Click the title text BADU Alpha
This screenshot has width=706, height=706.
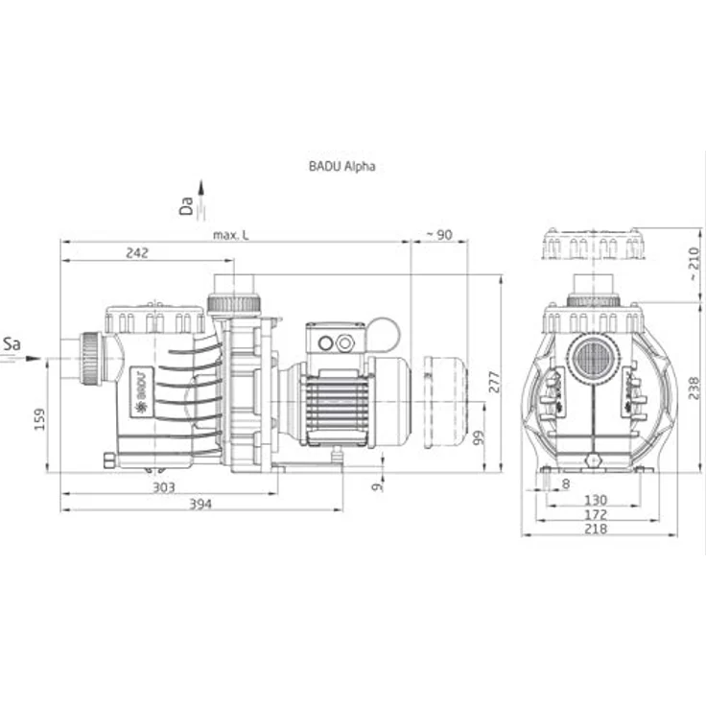click(x=341, y=166)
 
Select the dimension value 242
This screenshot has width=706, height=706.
click(x=137, y=252)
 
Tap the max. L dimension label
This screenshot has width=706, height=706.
click(x=230, y=235)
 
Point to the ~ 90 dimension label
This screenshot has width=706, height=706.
click(x=439, y=235)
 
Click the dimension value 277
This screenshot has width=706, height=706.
click(x=494, y=382)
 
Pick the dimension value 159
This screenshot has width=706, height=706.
click(x=39, y=419)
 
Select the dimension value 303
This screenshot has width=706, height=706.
click(x=163, y=487)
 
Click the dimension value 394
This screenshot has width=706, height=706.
click(x=200, y=504)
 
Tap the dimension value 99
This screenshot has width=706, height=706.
click(x=479, y=437)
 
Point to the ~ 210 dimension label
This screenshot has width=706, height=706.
click(x=694, y=264)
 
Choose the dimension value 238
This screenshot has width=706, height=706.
click(x=694, y=388)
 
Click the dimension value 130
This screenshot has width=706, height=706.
click(x=596, y=500)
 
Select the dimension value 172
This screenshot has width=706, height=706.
click(x=596, y=514)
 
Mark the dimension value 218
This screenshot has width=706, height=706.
click(x=596, y=529)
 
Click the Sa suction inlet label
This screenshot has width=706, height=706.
click(x=12, y=344)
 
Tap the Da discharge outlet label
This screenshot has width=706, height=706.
click(x=186, y=206)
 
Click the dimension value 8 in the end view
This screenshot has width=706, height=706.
click(x=566, y=484)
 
